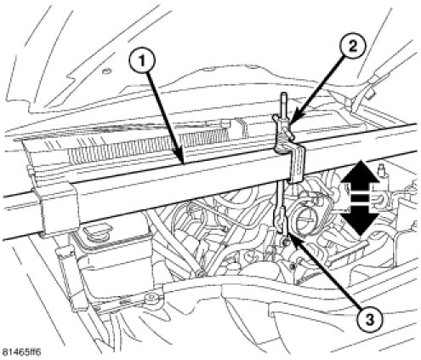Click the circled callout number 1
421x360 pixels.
tap(142, 60)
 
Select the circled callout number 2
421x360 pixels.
tap(352, 46)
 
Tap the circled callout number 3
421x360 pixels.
tap(368, 320)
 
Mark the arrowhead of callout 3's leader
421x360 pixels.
tap(290, 237)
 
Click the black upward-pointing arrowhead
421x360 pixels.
tap(360, 172)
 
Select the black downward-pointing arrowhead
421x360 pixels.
tap(360, 224)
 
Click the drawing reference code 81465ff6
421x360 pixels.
tap(20, 352)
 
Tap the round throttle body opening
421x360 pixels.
tap(304, 216)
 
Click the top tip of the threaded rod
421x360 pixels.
tap(283, 94)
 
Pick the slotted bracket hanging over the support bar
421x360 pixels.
tap(296, 165)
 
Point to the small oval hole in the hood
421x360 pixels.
tap(107, 70)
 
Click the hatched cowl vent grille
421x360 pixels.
tap(147, 145)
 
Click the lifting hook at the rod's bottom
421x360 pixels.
tap(279, 221)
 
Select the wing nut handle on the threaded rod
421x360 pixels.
tap(283, 125)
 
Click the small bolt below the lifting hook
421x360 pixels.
tap(286, 242)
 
